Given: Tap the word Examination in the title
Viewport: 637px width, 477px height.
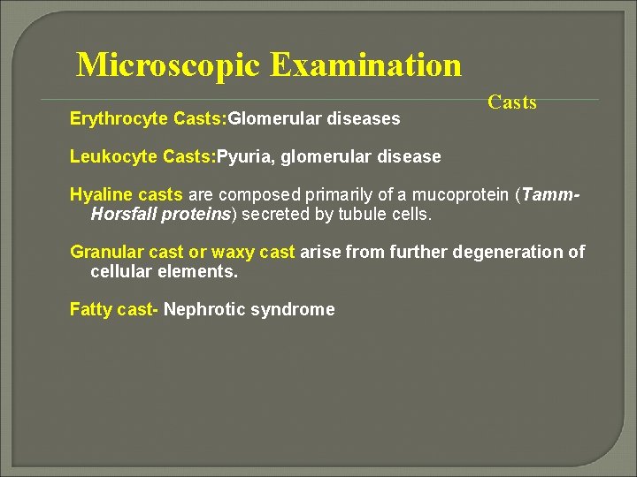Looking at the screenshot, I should click(365, 65).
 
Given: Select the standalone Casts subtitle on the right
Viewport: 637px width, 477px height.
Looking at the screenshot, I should click(512, 102).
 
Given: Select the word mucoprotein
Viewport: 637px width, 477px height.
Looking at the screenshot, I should click(481, 195).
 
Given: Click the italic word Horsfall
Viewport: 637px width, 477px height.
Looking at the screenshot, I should click(124, 215).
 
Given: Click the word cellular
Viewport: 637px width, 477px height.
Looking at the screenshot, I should click(122, 272).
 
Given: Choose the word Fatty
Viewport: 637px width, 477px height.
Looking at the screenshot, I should click(91, 310).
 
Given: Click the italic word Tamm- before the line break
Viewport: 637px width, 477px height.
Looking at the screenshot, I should click(558, 195).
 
